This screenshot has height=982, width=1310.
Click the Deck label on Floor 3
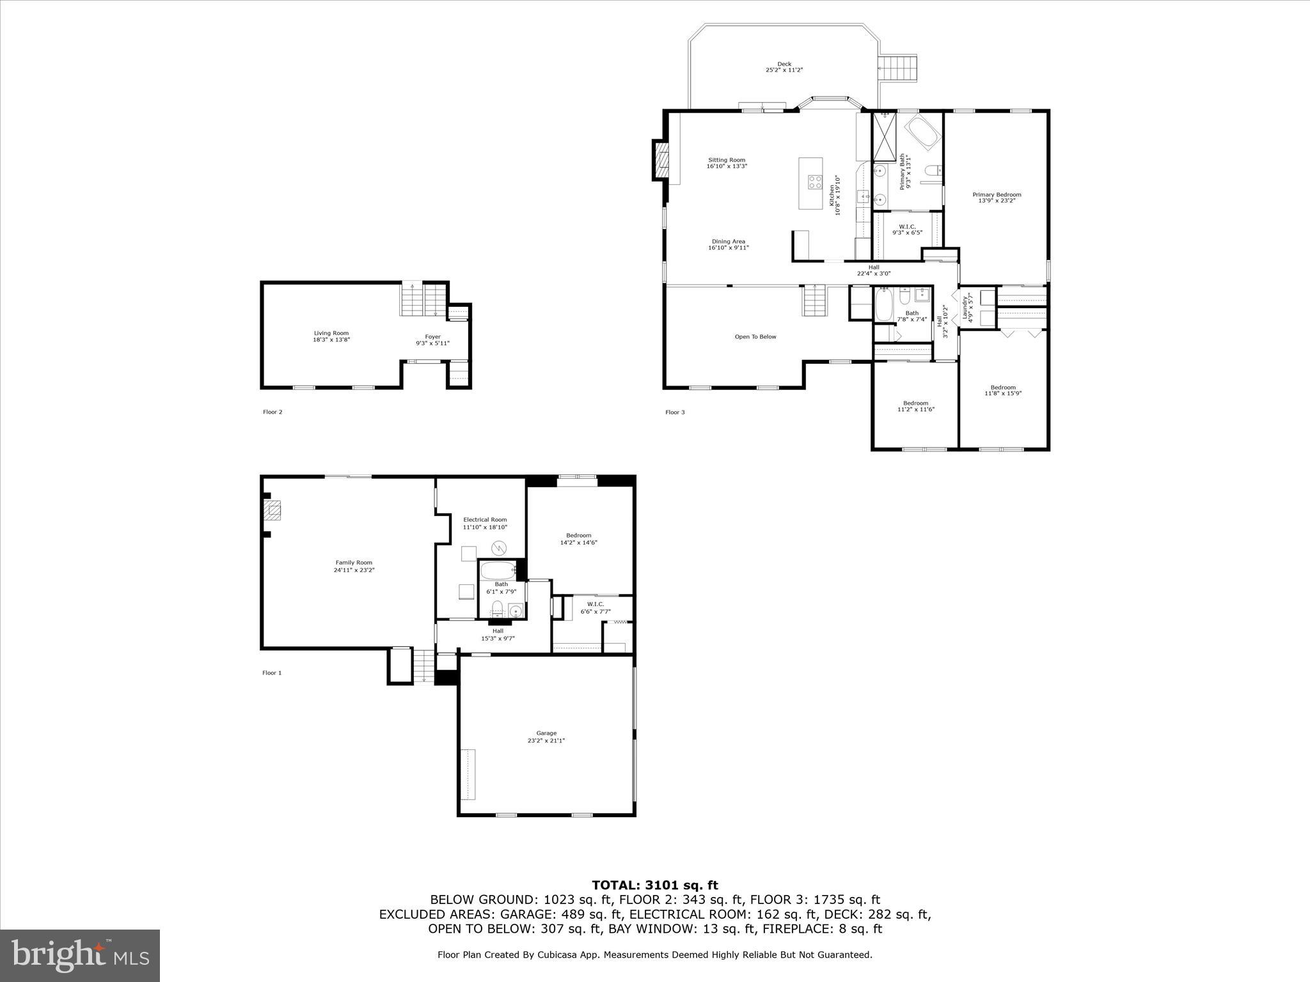pyautogui.click(x=784, y=66)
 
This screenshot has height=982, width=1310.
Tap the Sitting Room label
pyautogui.click(x=727, y=163)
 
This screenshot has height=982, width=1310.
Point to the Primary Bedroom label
pyautogui.click(x=997, y=198)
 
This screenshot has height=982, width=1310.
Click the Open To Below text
pyautogui.click(x=755, y=337)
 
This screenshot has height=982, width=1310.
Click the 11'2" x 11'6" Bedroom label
pyautogui.click(x=916, y=406)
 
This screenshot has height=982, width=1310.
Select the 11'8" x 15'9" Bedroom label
pyautogui.click(x=1003, y=390)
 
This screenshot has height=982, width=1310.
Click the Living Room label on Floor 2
pyautogui.click(x=331, y=336)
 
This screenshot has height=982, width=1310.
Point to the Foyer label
pyautogui.click(x=433, y=339)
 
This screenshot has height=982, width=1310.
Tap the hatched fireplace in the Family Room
pyautogui.click(x=273, y=511)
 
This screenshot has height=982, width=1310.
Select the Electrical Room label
pyautogui.click(x=485, y=523)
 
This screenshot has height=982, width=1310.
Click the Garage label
pyautogui.click(x=546, y=736)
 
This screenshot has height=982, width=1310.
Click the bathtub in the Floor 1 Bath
pyautogui.click(x=498, y=570)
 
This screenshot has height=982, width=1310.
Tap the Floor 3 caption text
pyautogui.click(x=675, y=412)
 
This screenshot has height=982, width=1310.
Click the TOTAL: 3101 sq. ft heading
pyautogui.click(x=655, y=885)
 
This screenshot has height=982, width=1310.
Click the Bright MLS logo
pyautogui.click(x=80, y=955)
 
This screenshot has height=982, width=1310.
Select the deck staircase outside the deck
pyautogui.click(x=898, y=67)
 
